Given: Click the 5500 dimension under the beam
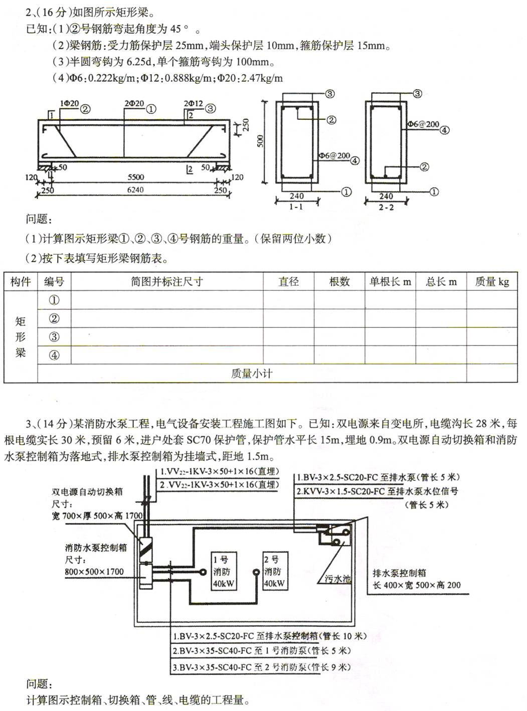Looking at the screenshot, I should click(135, 177).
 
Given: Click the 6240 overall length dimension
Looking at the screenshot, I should click(135, 190).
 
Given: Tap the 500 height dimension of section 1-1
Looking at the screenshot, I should click(260, 141).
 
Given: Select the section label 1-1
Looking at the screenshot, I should click(296, 207).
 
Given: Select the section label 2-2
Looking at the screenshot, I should click(386, 207).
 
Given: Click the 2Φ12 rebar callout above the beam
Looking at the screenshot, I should click(193, 104).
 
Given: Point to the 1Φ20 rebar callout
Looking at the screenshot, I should click(70, 104).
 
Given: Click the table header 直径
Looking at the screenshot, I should click(288, 282).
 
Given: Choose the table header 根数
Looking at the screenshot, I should click(339, 282).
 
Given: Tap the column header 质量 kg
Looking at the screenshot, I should click(492, 282).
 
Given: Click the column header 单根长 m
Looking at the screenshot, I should click(390, 282).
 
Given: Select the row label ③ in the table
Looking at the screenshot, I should click(54, 337).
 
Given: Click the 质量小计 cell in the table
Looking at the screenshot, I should click(252, 374).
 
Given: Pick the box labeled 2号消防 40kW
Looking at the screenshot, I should click(274, 572).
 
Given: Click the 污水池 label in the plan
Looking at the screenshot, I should click(337, 579).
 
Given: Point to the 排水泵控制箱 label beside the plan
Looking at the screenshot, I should click(399, 573).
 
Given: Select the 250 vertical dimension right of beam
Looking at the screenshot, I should click(246, 124).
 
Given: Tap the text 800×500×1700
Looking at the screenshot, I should click(94, 572).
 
